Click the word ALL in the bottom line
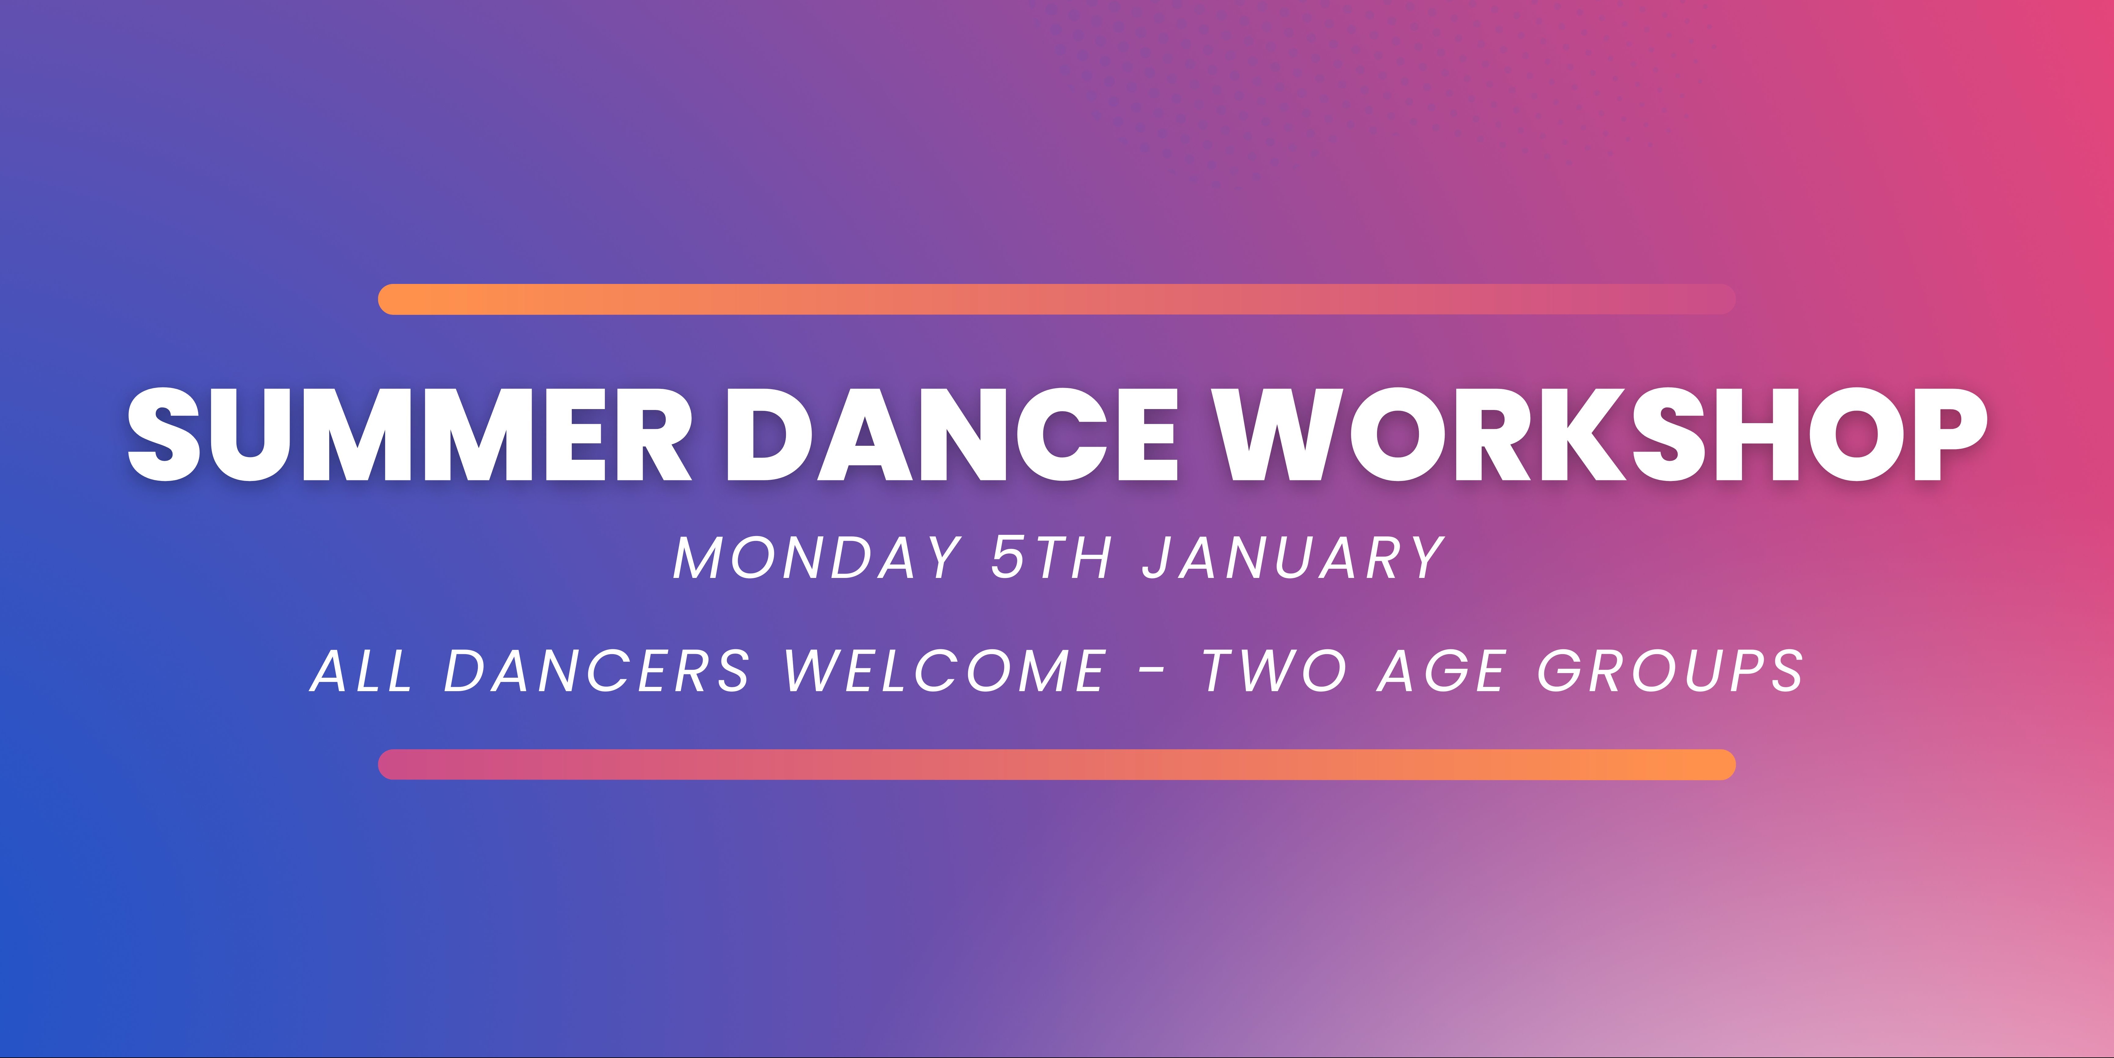pyautogui.click(x=361, y=671)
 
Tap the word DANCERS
pyautogui.click(x=597, y=671)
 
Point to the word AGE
pyautogui.click(x=1442, y=671)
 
